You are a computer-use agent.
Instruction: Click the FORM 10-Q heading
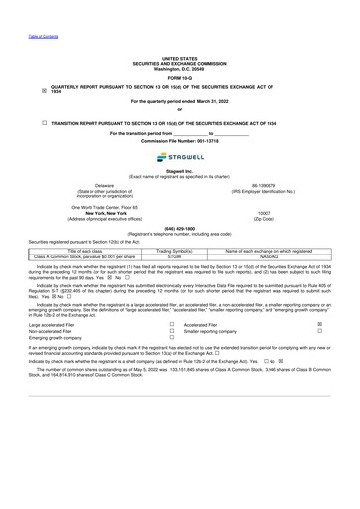(x=179, y=77)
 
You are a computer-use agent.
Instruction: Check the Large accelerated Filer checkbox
(x=172, y=324)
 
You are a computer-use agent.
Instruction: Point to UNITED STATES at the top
(x=179, y=59)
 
